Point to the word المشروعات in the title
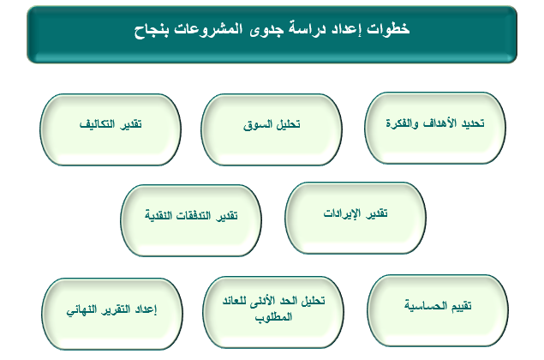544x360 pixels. point(208,29)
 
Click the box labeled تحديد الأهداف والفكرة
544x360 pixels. point(435,128)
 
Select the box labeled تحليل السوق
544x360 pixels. point(272,129)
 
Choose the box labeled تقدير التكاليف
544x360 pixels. point(111,129)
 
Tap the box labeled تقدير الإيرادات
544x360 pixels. point(356,218)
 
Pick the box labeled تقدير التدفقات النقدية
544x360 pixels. point(191,220)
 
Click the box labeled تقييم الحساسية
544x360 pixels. point(438,310)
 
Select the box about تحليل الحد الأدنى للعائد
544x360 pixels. point(273,313)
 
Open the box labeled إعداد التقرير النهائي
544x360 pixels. point(112,314)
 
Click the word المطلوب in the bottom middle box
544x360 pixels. point(273,317)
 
